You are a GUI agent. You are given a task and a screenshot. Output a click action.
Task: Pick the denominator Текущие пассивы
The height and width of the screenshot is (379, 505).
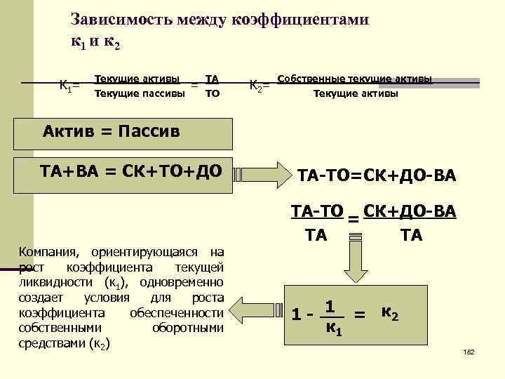click(136, 93)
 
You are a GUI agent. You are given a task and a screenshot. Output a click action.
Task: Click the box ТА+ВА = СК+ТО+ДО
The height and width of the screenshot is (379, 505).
click(133, 171)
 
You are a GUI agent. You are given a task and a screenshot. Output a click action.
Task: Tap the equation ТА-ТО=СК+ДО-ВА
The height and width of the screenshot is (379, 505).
click(377, 174)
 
